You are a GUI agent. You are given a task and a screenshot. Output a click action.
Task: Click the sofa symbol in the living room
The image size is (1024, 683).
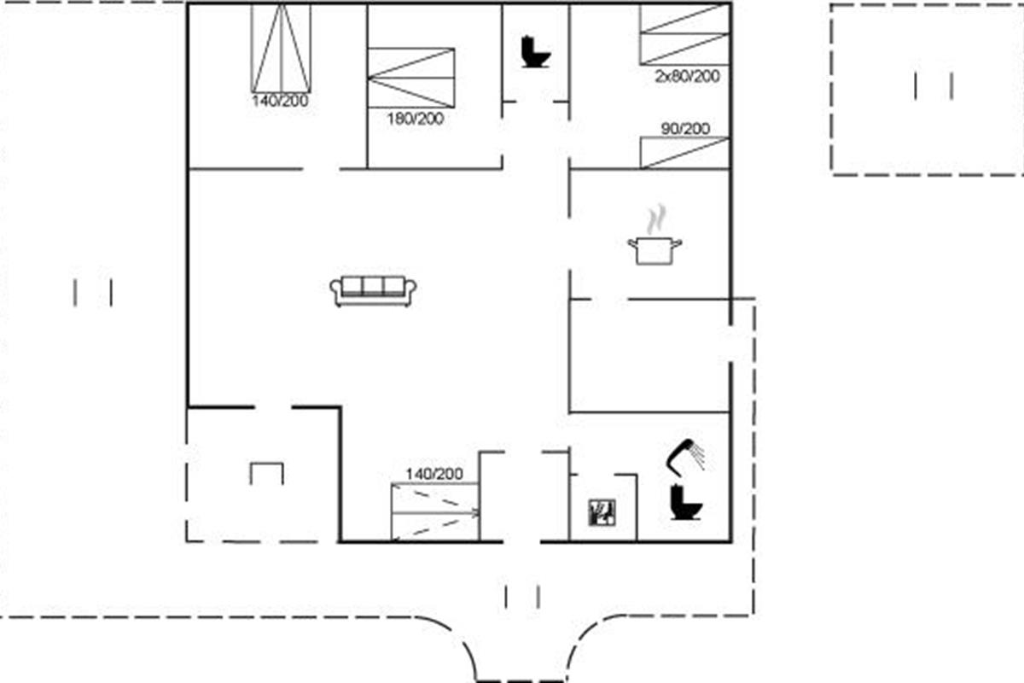click(373, 291)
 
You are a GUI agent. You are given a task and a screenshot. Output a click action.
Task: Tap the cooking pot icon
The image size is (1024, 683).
click(655, 250)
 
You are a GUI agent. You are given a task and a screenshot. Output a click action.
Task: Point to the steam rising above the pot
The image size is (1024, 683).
click(656, 219)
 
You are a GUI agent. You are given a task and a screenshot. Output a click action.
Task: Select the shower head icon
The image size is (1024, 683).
click(685, 457)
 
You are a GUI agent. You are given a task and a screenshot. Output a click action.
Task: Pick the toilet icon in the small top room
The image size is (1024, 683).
click(536, 52)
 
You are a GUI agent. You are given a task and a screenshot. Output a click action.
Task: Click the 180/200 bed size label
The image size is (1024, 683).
click(416, 119)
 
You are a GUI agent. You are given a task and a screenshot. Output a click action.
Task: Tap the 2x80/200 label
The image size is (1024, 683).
click(688, 76)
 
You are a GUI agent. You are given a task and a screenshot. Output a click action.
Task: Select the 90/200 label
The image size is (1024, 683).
click(685, 129)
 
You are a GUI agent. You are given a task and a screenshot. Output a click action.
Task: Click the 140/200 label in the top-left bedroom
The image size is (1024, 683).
click(280, 101)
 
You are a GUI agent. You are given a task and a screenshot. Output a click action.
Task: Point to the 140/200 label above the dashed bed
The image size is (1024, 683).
click(434, 474)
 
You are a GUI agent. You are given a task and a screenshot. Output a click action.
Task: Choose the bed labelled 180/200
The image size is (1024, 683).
click(411, 78)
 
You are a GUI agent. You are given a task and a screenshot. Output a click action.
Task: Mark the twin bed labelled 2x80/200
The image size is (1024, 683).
click(684, 34)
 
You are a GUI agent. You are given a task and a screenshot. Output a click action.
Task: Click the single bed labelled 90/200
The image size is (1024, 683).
click(684, 153)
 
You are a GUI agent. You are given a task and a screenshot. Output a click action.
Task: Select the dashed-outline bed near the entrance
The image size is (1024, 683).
click(435, 512)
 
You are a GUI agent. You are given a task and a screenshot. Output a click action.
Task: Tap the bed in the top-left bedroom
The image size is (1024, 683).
click(281, 48)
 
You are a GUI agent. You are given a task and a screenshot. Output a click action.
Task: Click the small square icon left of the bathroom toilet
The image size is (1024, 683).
click(602, 512)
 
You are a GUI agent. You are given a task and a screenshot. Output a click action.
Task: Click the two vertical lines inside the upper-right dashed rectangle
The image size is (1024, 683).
click(934, 86)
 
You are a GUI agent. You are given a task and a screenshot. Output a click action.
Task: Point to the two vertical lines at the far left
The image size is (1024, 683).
click(93, 293)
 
